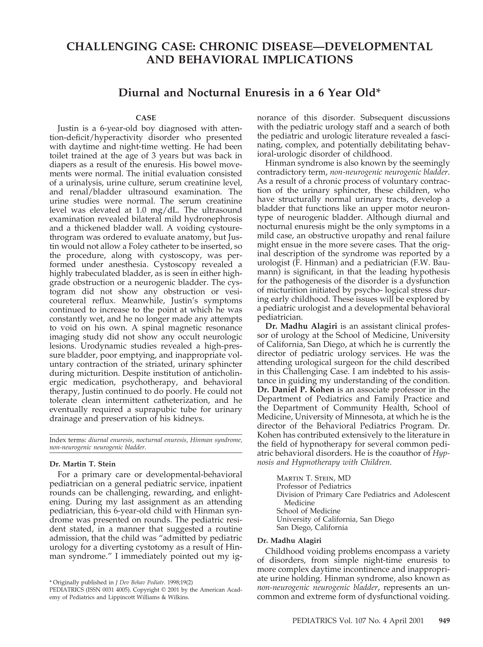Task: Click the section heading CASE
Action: (x=146, y=118)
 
